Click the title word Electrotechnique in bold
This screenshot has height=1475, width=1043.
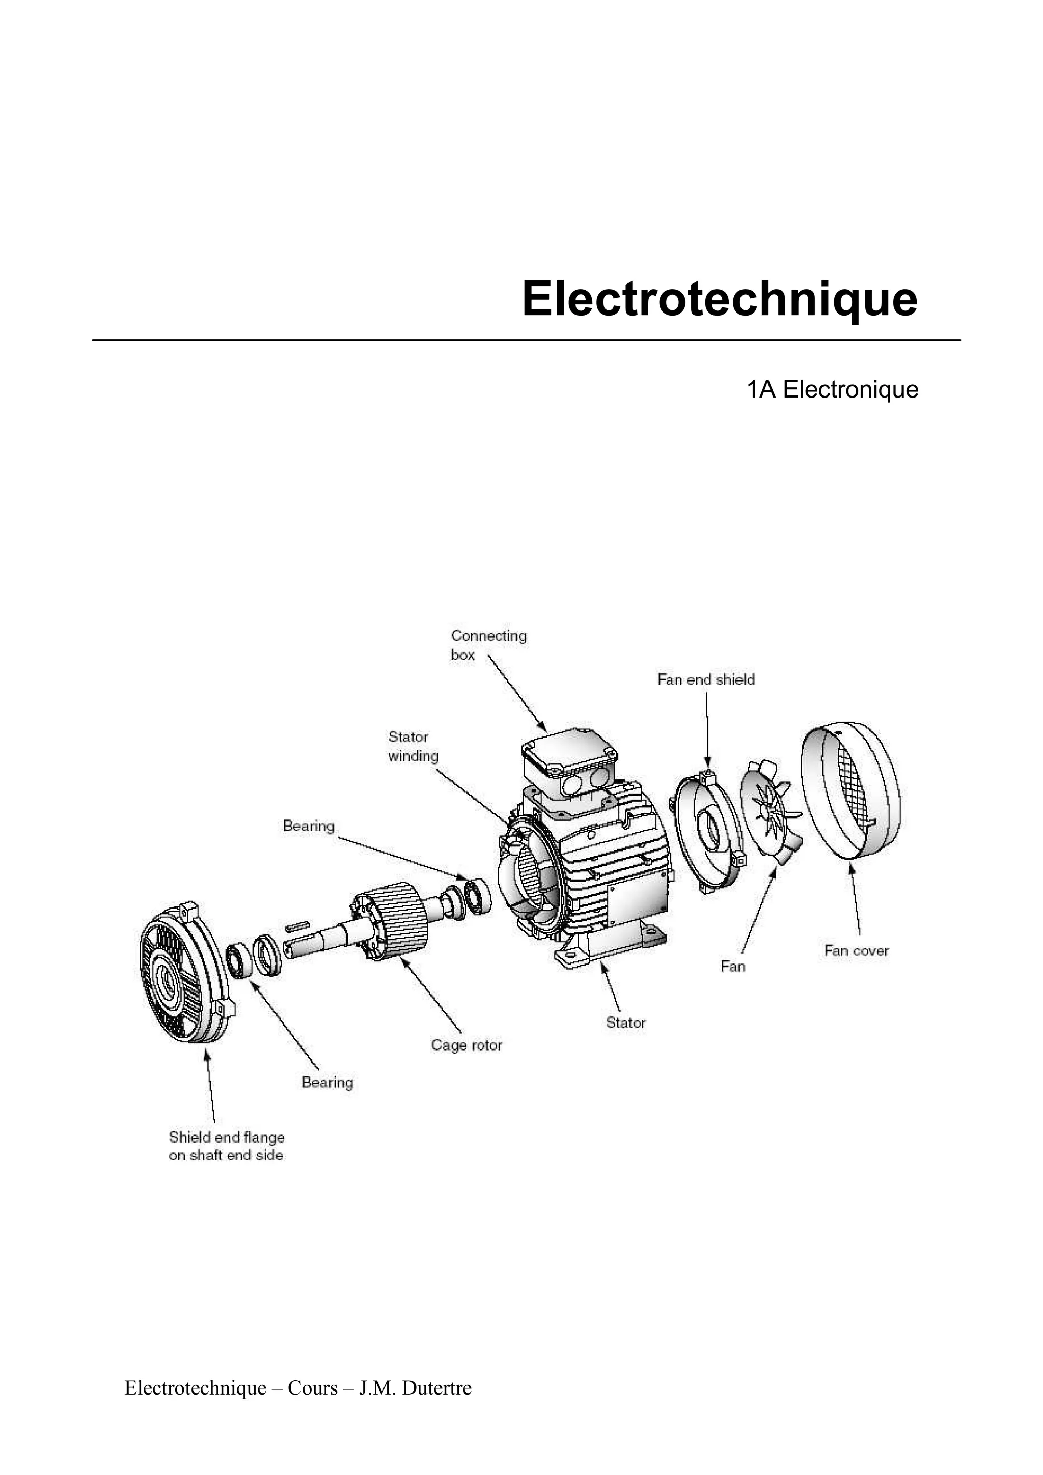(719, 299)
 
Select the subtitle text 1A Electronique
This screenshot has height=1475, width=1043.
(832, 389)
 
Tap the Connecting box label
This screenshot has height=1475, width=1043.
(488, 645)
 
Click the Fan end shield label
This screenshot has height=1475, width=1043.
(706, 679)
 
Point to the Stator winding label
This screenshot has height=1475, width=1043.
(413, 747)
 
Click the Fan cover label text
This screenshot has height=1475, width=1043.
(856, 951)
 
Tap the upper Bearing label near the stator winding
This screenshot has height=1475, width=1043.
(309, 826)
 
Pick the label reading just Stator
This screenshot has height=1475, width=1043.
(625, 1023)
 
